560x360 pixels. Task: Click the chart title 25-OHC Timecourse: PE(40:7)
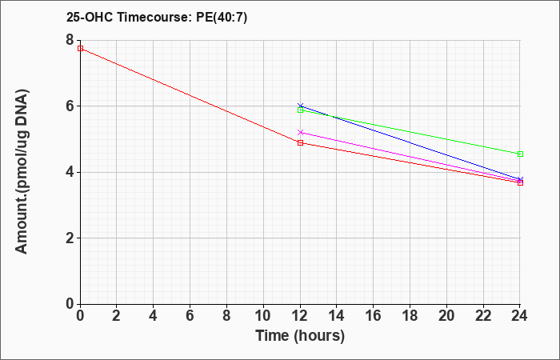click(157, 18)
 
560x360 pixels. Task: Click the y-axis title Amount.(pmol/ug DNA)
click(22, 172)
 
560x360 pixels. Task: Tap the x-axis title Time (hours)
click(300, 336)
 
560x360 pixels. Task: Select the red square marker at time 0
click(80, 48)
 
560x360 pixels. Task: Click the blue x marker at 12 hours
click(300, 106)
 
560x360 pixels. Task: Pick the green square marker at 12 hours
click(300, 110)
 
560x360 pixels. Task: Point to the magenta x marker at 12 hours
click(300, 133)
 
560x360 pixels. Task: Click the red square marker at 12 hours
click(300, 143)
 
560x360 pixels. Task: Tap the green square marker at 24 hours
click(520, 154)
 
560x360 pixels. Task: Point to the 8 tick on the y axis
click(70, 40)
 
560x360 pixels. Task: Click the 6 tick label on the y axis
click(70, 106)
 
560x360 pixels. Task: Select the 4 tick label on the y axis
click(70, 172)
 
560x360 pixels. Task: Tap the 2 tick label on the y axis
click(70, 238)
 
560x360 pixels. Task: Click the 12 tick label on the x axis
click(300, 316)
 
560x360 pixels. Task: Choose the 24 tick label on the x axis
click(520, 316)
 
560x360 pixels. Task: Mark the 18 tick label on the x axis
click(410, 316)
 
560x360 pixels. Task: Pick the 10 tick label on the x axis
click(263, 316)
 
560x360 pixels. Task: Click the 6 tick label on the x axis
click(190, 316)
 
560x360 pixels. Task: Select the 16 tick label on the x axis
click(374, 316)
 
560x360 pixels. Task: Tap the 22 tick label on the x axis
click(483, 316)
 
